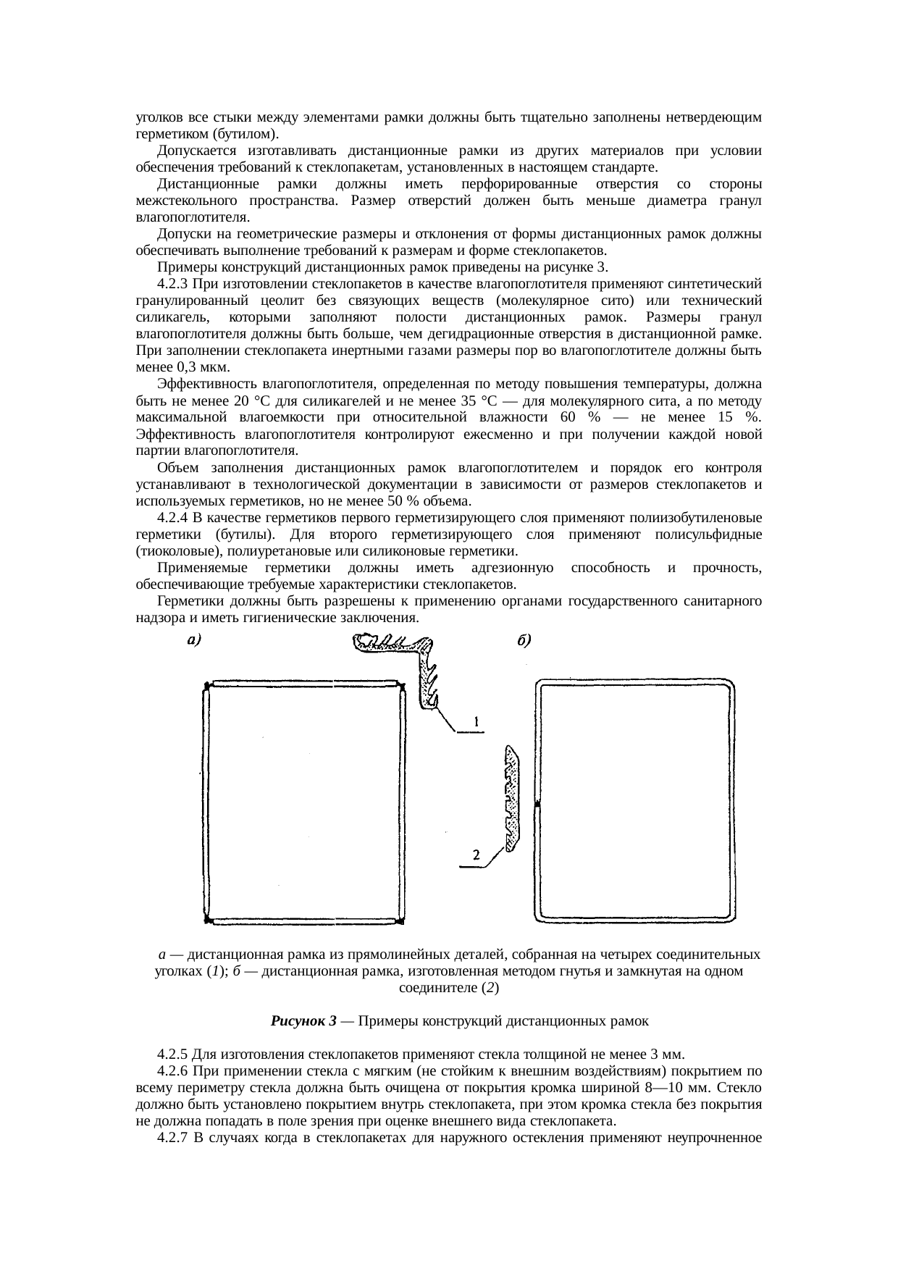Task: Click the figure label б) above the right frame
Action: [526, 639]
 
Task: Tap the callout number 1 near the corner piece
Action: [476, 721]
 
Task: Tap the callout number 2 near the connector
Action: [476, 855]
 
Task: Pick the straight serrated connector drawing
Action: [512, 797]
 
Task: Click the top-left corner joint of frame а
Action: [206, 685]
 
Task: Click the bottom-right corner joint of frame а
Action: [400, 920]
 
